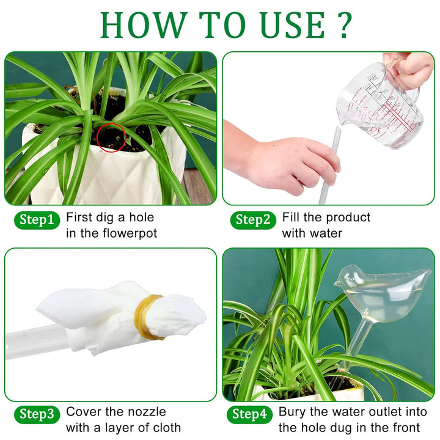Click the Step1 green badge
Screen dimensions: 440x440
(x=37, y=220)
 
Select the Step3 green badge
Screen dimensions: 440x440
(x=37, y=414)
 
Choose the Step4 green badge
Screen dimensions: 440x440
(x=249, y=414)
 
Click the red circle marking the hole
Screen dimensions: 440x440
(x=111, y=136)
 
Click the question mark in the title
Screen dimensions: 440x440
(x=343, y=24)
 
